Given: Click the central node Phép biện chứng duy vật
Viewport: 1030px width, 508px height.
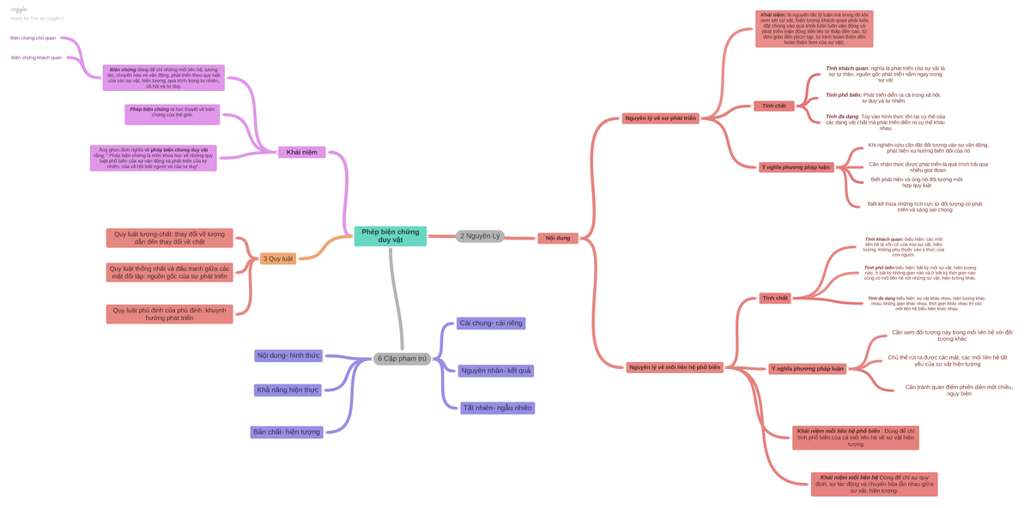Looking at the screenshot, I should (390, 236).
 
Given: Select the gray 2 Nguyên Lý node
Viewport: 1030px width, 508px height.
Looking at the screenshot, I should (480, 236).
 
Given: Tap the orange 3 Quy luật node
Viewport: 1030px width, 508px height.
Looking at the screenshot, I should (278, 258).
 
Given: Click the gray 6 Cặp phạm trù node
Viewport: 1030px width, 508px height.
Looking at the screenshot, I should (402, 359).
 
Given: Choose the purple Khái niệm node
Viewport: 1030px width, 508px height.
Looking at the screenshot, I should (301, 152).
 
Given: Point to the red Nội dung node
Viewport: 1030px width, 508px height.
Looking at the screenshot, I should (558, 238).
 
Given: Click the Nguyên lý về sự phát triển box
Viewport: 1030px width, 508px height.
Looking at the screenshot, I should (660, 118).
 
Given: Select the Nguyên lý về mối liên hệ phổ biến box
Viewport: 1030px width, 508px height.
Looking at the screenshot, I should (675, 367).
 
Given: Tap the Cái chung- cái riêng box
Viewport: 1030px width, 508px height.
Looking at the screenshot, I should (490, 324).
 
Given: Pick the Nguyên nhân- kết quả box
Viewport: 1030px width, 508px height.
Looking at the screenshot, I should (495, 371).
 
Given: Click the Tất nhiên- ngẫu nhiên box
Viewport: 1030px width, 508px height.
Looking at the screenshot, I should (498, 408).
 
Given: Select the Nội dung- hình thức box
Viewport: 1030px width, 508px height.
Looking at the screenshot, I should (288, 355).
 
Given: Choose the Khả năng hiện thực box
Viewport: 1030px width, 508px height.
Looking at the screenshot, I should (288, 390).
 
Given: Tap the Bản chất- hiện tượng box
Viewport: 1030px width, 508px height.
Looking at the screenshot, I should (287, 432).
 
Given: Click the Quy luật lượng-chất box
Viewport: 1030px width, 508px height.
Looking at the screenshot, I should (169, 238).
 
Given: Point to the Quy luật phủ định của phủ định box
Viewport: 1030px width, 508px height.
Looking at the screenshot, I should (169, 314).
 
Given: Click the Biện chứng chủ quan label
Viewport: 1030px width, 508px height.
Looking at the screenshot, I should (33, 38).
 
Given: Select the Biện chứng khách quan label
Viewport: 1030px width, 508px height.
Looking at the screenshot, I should (36, 57).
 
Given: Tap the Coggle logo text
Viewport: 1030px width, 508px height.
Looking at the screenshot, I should (18, 9).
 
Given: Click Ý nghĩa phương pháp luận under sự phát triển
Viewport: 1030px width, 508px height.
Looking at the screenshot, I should (796, 167).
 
